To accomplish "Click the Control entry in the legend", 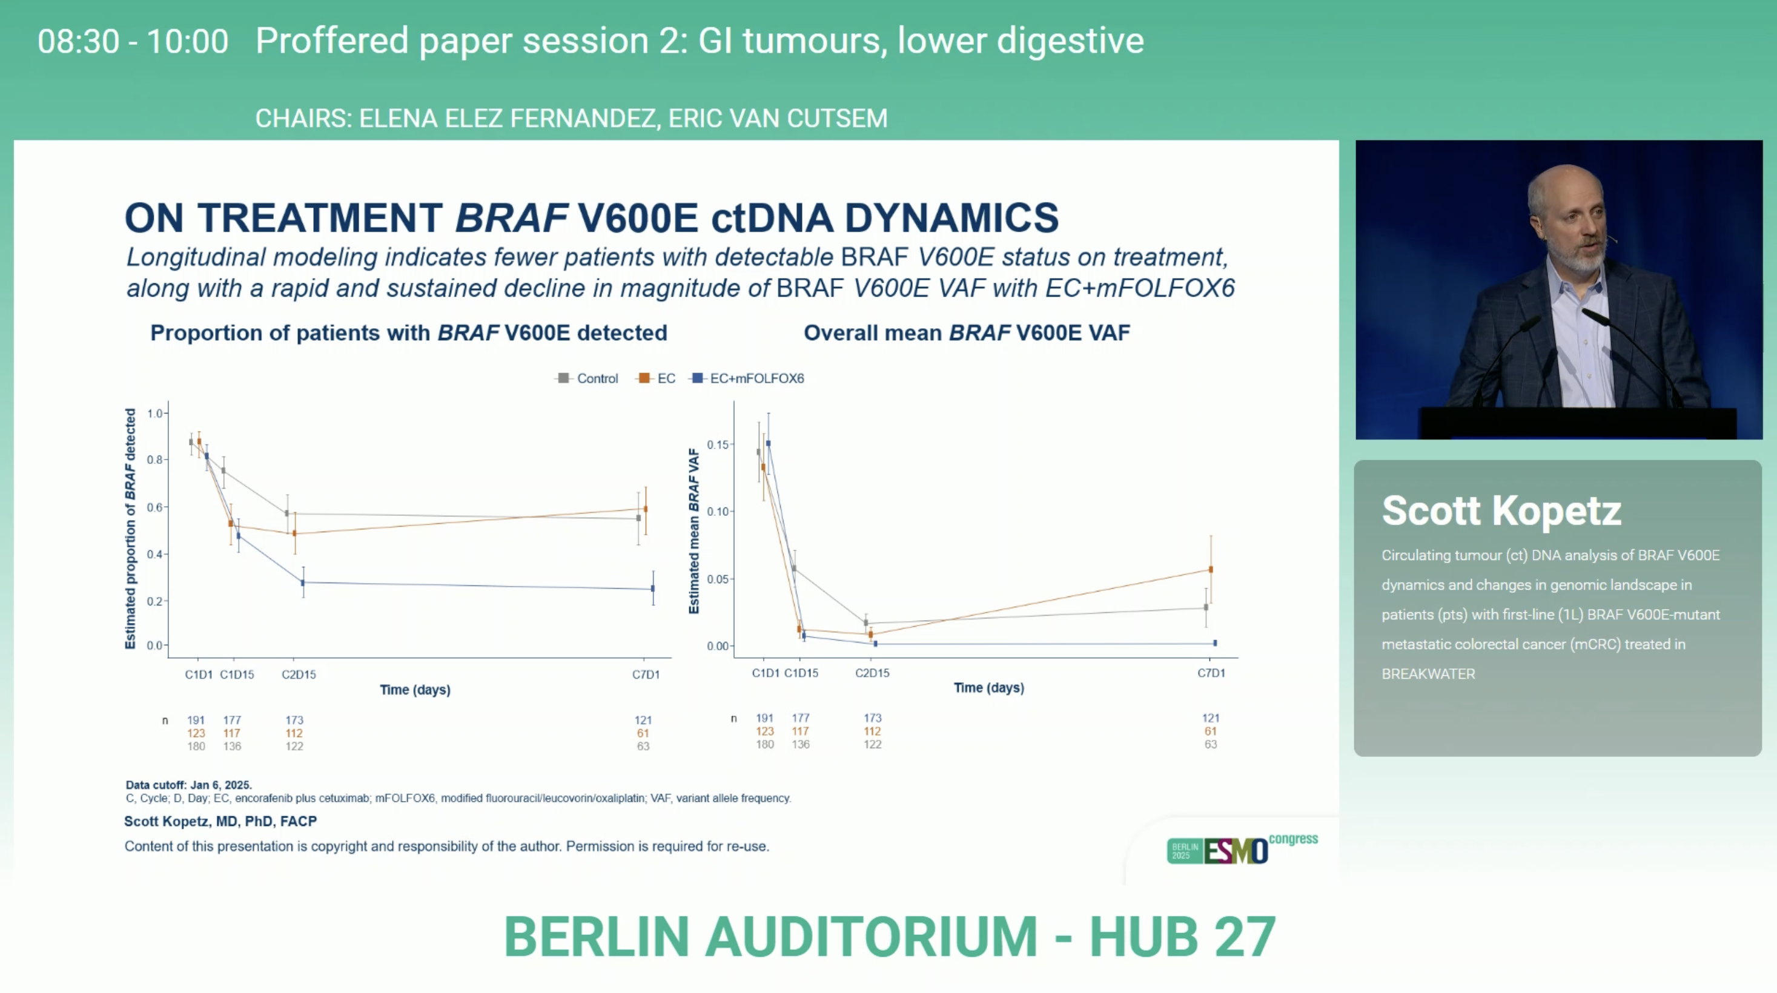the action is pyautogui.click(x=587, y=378).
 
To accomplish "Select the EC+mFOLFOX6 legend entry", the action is pyautogui.click(x=748, y=378).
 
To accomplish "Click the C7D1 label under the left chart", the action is pyautogui.click(x=646, y=675).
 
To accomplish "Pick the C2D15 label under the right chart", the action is pyautogui.click(x=872, y=672).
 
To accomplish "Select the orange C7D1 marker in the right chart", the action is pyautogui.click(x=1211, y=570).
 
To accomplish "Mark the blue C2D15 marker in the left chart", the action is pyautogui.click(x=303, y=582).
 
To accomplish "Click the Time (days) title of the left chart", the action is pyautogui.click(x=415, y=690).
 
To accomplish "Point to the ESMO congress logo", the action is pyautogui.click(x=1242, y=849).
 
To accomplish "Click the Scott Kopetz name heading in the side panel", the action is pyautogui.click(x=1501, y=511).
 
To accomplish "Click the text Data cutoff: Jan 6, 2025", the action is pyautogui.click(x=189, y=785).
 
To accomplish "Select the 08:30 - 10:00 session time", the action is pyautogui.click(x=133, y=41).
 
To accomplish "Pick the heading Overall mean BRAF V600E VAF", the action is pyautogui.click(x=967, y=333).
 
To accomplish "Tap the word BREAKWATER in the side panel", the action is pyautogui.click(x=1428, y=674).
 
